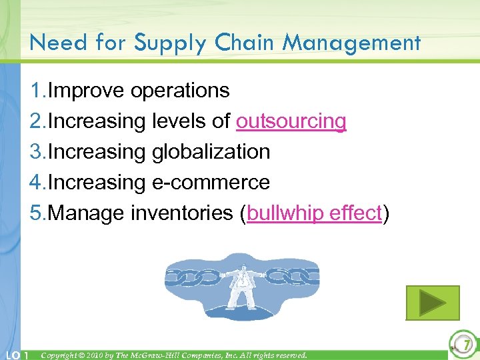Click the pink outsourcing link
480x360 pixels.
coord(291,121)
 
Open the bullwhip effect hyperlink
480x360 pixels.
coord(314,213)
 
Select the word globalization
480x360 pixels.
coord(211,152)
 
